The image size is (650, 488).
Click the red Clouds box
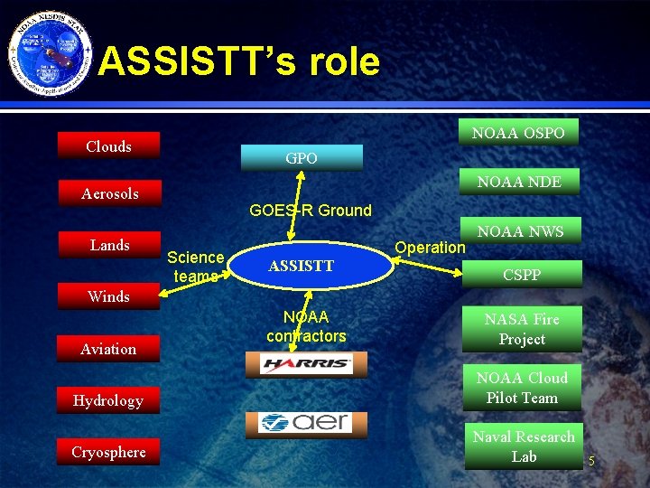coord(108,146)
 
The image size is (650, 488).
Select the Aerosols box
coord(109,193)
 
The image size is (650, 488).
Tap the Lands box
coord(109,245)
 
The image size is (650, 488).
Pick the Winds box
coord(109,296)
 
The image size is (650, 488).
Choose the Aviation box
coord(109,349)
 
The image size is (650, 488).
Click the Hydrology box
coord(108,400)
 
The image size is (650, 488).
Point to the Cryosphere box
coord(108,452)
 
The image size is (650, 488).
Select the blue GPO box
coord(301,158)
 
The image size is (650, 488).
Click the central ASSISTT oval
coord(301,266)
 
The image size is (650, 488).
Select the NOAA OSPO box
coord(518,133)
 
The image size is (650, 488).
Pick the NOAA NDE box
coord(519,182)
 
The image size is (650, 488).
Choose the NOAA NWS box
coord(520,231)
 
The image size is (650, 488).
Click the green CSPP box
coord(521,275)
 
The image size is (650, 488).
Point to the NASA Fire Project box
coord(522,329)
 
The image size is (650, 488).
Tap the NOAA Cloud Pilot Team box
coord(522,388)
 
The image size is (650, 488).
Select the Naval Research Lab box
coord(524,446)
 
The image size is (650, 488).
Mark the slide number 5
coord(591,462)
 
